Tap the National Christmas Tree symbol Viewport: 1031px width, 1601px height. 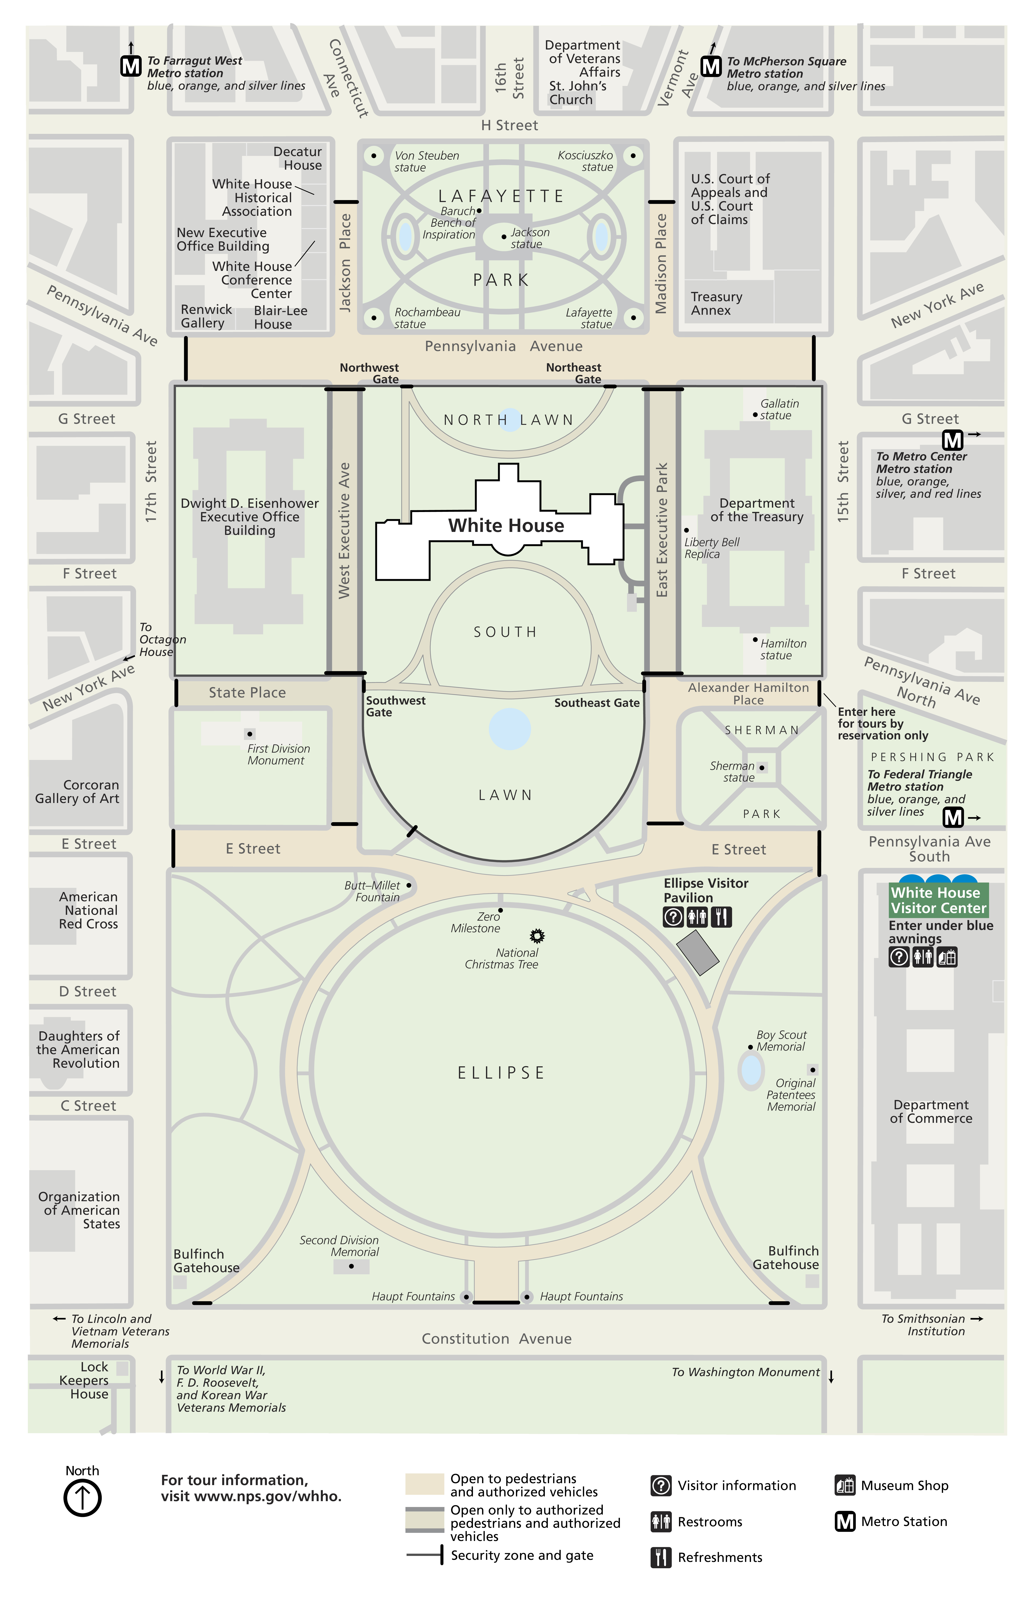[x=537, y=935]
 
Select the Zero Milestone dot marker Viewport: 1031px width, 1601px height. [x=500, y=911]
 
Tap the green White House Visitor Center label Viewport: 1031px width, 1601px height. [x=938, y=901]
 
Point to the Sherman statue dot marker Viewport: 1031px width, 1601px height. [x=762, y=768]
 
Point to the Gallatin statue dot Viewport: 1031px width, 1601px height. [x=755, y=415]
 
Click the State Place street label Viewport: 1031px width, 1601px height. [x=247, y=693]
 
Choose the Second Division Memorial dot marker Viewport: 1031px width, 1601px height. [x=352, y=1266]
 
